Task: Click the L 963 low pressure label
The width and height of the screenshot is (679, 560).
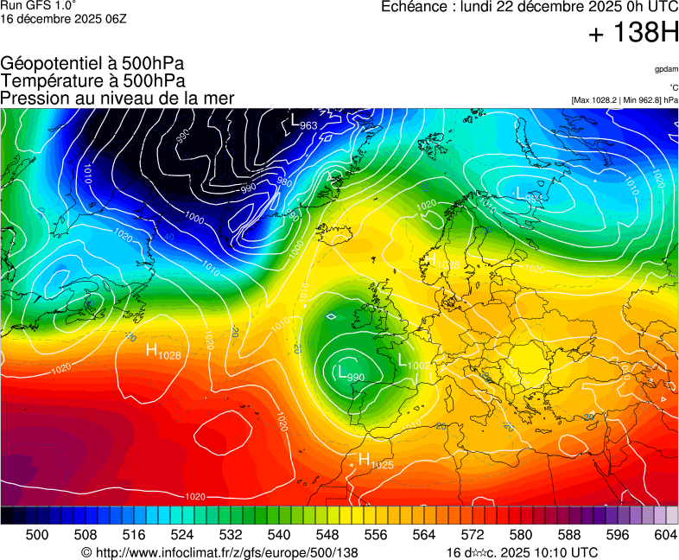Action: [x=303, y=122]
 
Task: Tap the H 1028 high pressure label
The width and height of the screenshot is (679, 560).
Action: [x=162, y=352]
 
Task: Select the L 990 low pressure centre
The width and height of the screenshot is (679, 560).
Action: [x=349, y=373]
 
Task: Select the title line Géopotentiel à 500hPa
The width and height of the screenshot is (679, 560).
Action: [x=92, y=64]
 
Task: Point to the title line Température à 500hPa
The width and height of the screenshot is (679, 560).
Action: [x=92, y=80]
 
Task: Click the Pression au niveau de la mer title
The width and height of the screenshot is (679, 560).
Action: [x=117, y=98]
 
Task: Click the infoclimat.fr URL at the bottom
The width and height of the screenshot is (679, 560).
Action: [x=219, y=552]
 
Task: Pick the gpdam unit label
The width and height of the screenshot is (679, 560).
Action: [x=666, y=69]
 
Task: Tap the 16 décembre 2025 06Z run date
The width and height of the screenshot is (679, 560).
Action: [x=64, y=19]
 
